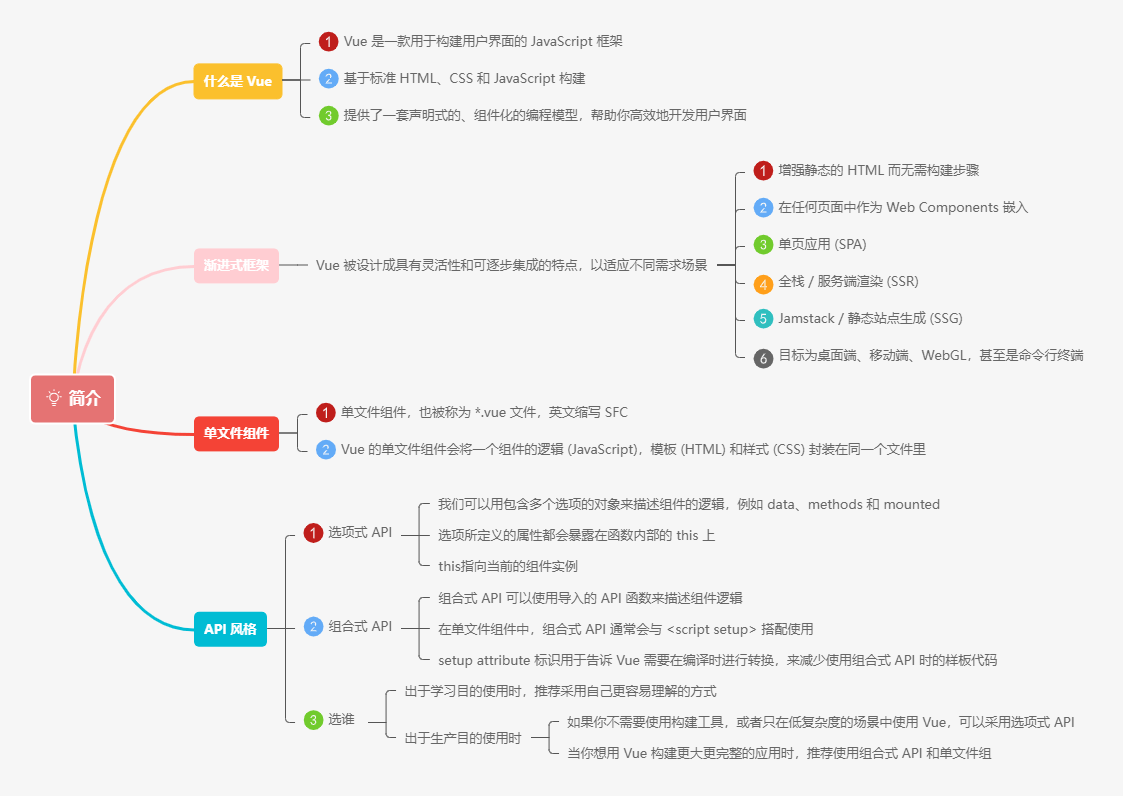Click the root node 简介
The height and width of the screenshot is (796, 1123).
click(x=73, y=398)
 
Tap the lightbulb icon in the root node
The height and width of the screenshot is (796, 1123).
click(x=54, y=398)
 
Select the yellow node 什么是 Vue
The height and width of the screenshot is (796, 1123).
click(x=237, y=81)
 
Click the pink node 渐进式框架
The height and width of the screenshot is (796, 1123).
click(x=236, y=265)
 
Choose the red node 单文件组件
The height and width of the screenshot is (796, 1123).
click(x=236, y=433)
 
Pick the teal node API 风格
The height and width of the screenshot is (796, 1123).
click(x=230, y=629)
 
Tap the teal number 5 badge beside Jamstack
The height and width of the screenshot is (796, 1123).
click(x=763, y=319)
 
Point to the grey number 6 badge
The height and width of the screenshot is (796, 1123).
click(x=763, y=357)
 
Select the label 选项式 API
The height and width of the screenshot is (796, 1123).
click(x=360, y=532)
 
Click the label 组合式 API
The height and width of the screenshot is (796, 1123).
click(x=360, y=626)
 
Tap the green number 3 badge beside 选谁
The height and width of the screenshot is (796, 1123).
click(x=314, y=720)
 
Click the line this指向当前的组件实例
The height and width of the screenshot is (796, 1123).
click(x=508, y=566)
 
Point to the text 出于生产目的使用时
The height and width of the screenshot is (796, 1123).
click(x=463, y=738)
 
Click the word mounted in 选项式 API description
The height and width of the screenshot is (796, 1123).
click(x=911, y=504)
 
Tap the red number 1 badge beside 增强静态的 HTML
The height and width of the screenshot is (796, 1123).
click(x=763, y=171)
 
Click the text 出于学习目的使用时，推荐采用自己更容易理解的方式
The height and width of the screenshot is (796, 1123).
click(x=560, y=691)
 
